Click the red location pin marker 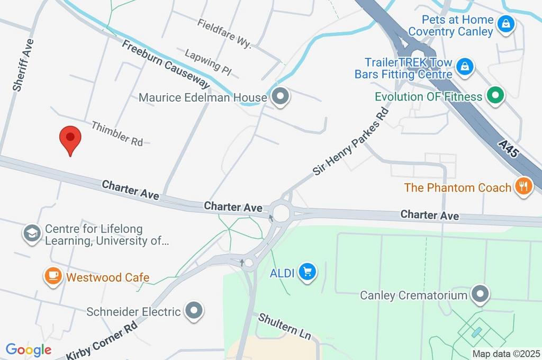click(70, 139)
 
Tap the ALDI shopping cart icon click(307, 272)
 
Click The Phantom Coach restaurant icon click(523, 186)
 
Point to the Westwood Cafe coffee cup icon click(53, 276)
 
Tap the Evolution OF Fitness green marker click(496, 96)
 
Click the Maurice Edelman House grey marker click(280, 97)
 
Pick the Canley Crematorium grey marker click(480, 294)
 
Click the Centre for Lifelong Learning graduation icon click(32, 233)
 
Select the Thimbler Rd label click(117, 133)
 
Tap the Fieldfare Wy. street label click(224, 33)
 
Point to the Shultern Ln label click(284, 326)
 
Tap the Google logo click(29, 350)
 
